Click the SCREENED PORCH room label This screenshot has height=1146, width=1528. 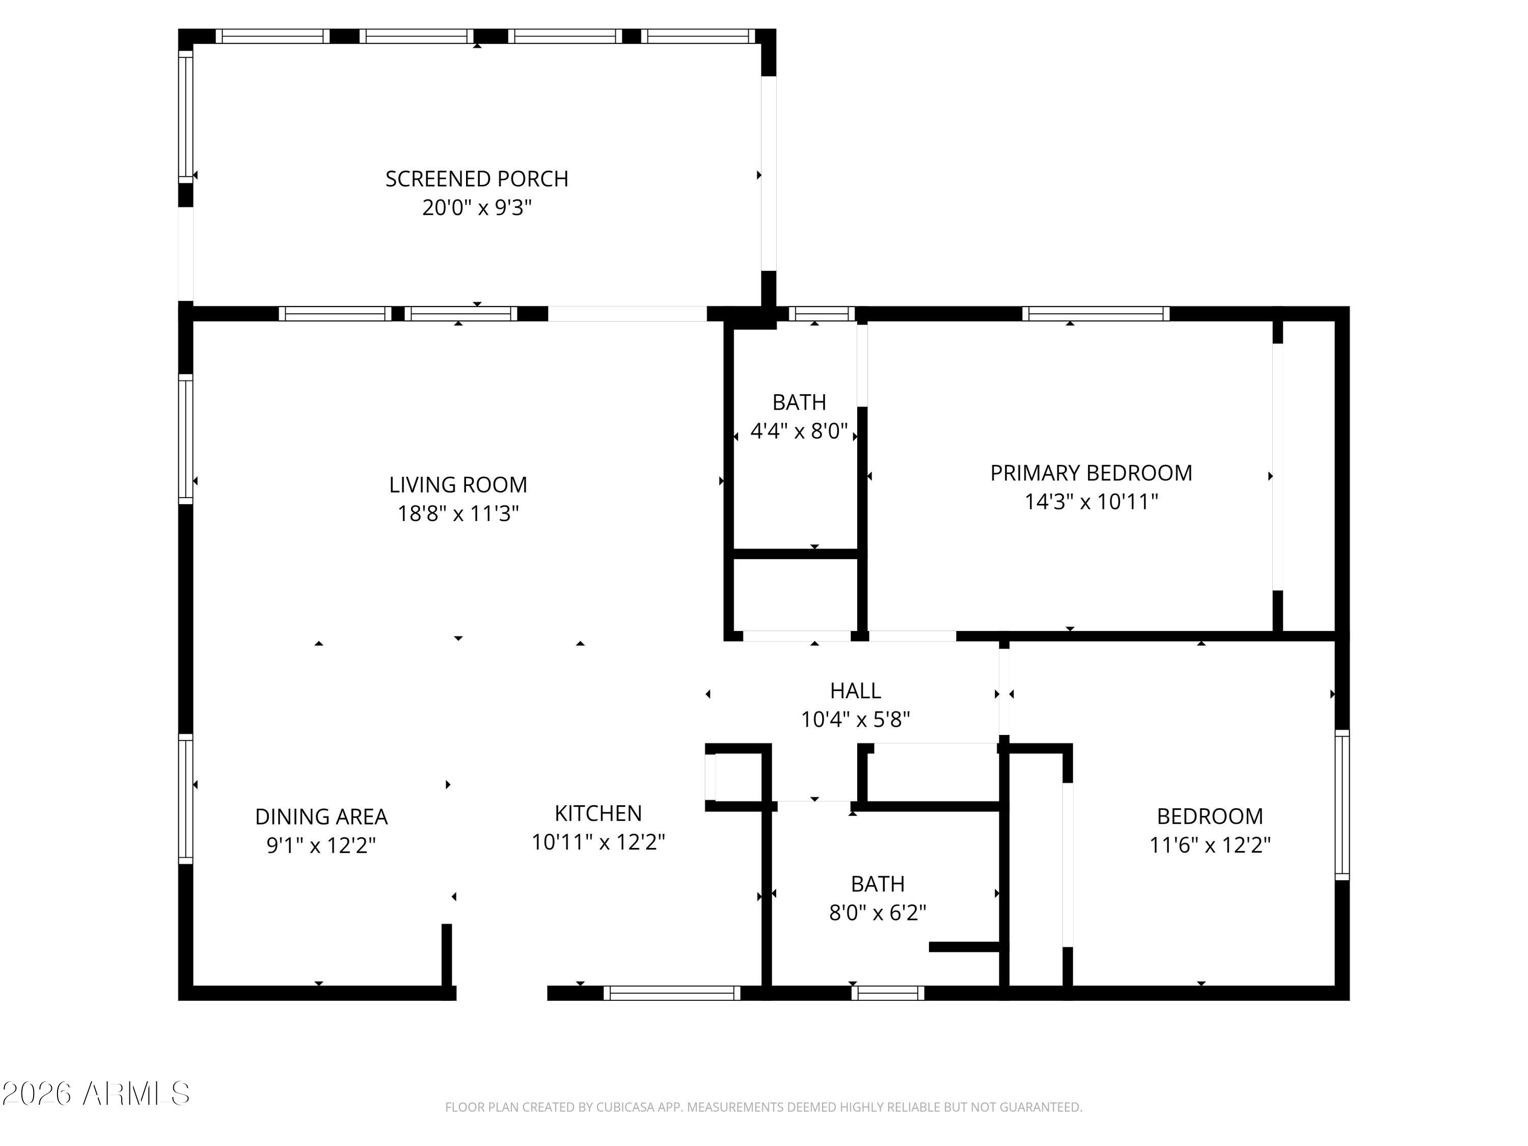click(x=477, y=179)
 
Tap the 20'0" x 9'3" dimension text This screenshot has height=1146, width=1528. click(x=477, y=207)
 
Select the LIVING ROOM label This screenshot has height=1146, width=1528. click(x=458, y=485)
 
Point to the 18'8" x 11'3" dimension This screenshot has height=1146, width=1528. click(x=458, y=513)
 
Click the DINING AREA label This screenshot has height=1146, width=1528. click(x=321, y=816)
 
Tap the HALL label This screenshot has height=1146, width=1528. click(x=855, y=691)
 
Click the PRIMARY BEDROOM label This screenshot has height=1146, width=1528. click(x=1092, y=473)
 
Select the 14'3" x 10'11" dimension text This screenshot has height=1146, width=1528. click(x=1092, y=502)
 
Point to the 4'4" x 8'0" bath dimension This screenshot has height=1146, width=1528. click(x=799, y=431)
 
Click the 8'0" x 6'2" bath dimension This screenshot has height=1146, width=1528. click(x=877, y=913)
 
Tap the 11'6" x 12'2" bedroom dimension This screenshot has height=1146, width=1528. click(x=1210, y=845)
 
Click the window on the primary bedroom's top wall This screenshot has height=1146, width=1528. click(x=1096, y=314)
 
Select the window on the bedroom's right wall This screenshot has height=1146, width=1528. click(x=1342, y=805)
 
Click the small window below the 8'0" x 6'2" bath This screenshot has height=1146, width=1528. click(x=888, y=993)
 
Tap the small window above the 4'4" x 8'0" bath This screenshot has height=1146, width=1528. click(x=822, y=314)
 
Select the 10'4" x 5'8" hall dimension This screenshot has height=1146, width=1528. click(x=855, y=720)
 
